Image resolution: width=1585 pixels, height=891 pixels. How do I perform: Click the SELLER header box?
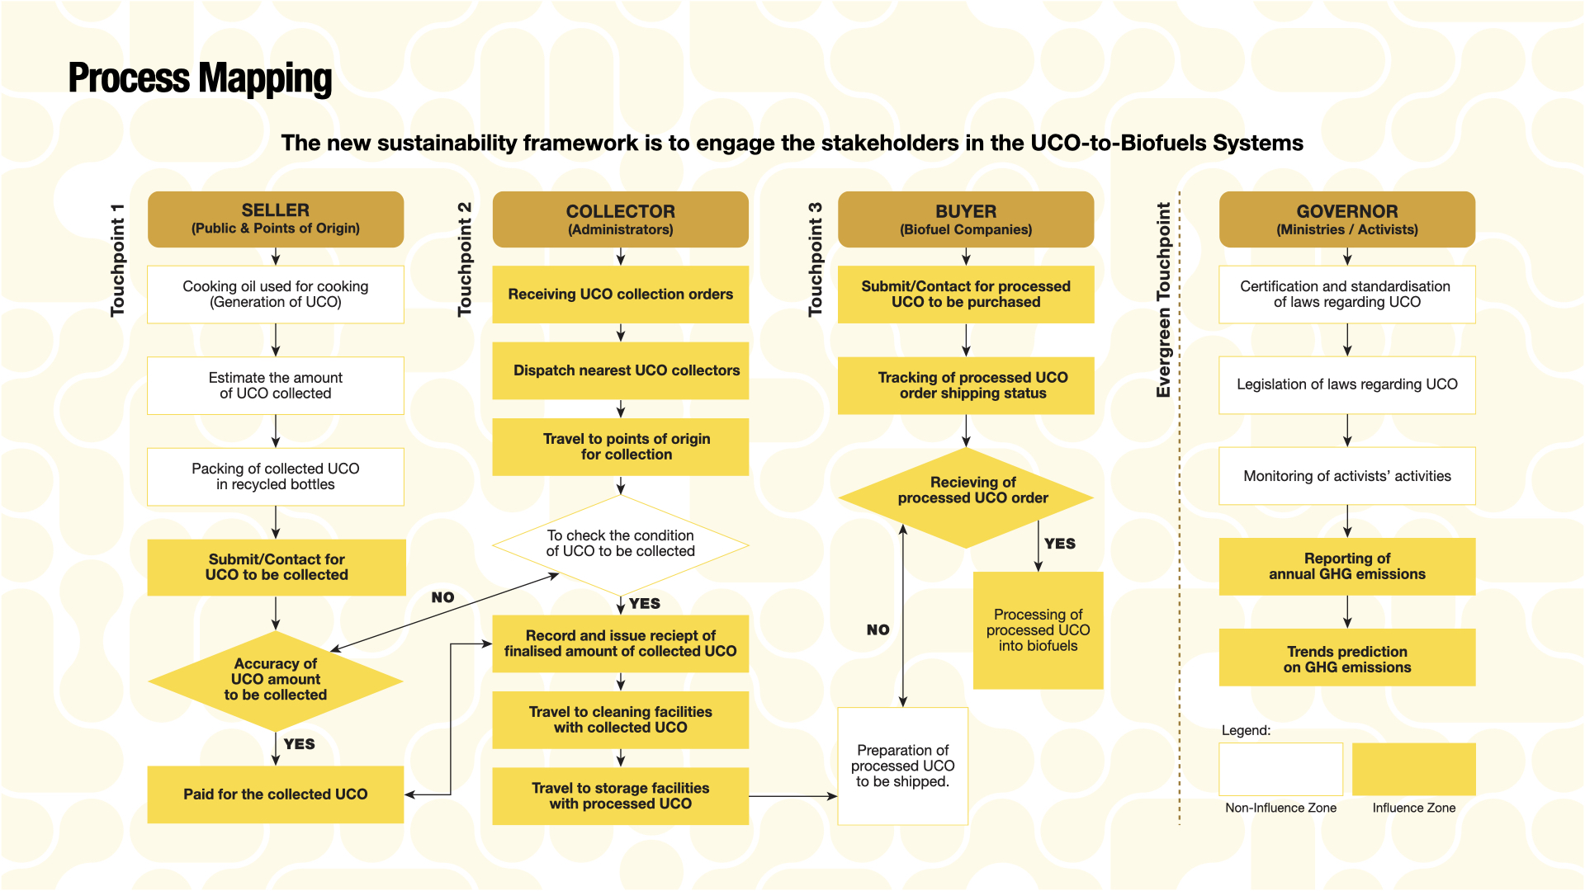pyautogui.click(x=276, y=219)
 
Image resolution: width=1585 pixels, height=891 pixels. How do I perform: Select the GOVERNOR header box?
pyautogui.click(x=1346, y=219)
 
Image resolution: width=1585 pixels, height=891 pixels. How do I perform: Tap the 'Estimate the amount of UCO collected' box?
pyautogui.click(x=276, y=385)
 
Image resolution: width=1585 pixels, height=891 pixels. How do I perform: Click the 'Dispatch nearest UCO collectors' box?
pyautogui.click(x=621, y=370)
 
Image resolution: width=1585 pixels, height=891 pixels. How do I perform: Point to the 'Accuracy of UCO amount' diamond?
pyautogui.click(x=276, y=680)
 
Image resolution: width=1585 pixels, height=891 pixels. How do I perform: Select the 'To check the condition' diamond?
pyautogui.click(x=621, y=544)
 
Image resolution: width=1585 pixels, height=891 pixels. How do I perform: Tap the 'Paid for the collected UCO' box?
pyautogui.click(x=276, y=794)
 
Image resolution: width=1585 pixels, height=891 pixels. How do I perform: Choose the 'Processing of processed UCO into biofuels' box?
pyautogui.click(x=1038, y=630)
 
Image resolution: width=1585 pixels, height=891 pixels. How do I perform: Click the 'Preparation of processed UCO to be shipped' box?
pyautogui.click(x=902, y=766)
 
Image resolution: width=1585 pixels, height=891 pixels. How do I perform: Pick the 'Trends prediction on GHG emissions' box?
pyautogui.click(x=1346, y=658)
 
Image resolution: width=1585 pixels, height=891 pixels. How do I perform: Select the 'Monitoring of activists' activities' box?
pyautogui.click(x=1346, y=476)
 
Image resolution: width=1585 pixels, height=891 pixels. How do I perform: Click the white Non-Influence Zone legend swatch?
pyautogui.click(x=1280, y=769)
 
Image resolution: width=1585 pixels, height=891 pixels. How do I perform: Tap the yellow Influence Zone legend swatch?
pyautogui.click(x=1413, y=769)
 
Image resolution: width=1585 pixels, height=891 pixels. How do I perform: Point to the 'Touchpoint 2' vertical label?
pyautogui.click(x=465, y=259)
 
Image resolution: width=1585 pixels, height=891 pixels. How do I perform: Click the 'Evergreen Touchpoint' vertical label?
pyautogui.click(x=1164, y=299)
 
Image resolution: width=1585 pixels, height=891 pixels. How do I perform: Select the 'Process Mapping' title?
pyautogui.click(x=200, y=78)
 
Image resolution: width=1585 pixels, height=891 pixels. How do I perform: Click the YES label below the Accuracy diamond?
pyautogui.click(x=299, y=744)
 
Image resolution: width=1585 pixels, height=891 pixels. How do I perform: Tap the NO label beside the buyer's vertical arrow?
pyautogui.click(x=878, y=630)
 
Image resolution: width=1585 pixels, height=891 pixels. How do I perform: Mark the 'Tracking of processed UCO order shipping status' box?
pyautogui.click(x=966, y=385)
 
